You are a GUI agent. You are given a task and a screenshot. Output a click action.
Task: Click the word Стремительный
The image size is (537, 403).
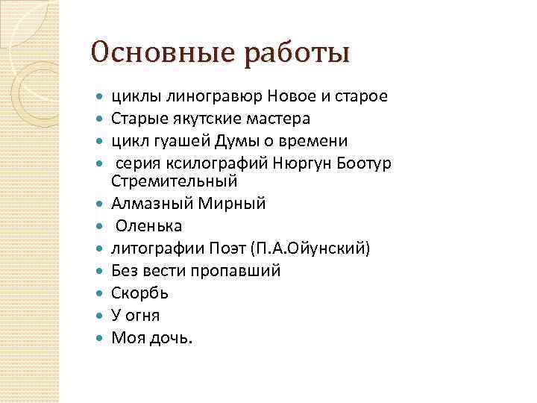[174, 181]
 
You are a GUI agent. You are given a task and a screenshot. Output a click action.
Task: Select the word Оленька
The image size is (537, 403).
[148, 225]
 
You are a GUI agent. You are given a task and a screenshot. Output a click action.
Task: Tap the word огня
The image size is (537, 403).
[142, 316]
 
